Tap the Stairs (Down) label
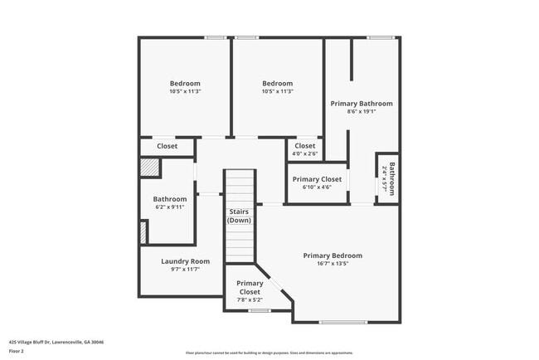[240, 216]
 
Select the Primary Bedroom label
[332, 255]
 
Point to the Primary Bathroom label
[362, 104]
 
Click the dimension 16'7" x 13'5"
[332, 264]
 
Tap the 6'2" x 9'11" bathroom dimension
[169, 207]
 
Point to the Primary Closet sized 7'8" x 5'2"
[250, 288]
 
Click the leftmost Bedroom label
[185, 83]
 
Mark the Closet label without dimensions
[168, 146]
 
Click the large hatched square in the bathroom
[148, 167]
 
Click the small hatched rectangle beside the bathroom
[143, 233]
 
